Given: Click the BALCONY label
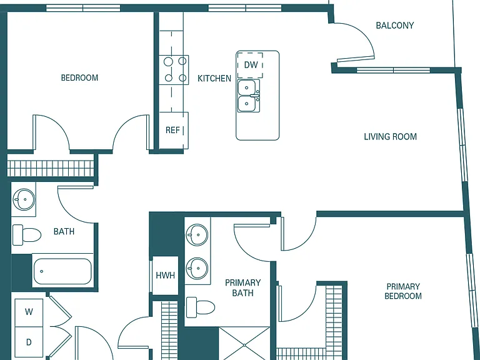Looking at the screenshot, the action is click(x=394, y=26).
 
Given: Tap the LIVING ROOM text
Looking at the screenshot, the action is click(x=390, y=136).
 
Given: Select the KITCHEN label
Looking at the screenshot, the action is click(x=214, y=79).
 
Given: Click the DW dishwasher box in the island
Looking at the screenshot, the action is click(x=251, y=65).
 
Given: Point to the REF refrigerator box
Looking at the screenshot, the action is click(x=174, y=131).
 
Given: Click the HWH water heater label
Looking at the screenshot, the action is click(x=165, y=276).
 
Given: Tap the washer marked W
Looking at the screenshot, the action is click(x=29, y=312).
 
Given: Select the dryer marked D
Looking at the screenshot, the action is click(x=29, y=342).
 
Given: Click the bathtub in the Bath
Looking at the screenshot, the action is click(x=62, y=271).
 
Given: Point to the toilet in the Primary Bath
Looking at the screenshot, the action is click(x=201, y=307).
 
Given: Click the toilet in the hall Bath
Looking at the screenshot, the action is click(x=27, y=235).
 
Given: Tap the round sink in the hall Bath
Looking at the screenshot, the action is click(x=24, y=199).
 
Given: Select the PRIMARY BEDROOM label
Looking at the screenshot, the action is click(x=403, y=291).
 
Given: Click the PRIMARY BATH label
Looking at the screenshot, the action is click(x=243, y=287).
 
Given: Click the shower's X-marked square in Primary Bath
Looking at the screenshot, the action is click(x=244, y=344).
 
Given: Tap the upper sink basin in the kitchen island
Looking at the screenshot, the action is click(x=246, y=88).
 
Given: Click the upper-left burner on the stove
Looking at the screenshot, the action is click(x=168, y=62).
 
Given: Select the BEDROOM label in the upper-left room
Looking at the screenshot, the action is click(x=79, y=77).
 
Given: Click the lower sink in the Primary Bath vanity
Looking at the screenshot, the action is click(x=197, y=268).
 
